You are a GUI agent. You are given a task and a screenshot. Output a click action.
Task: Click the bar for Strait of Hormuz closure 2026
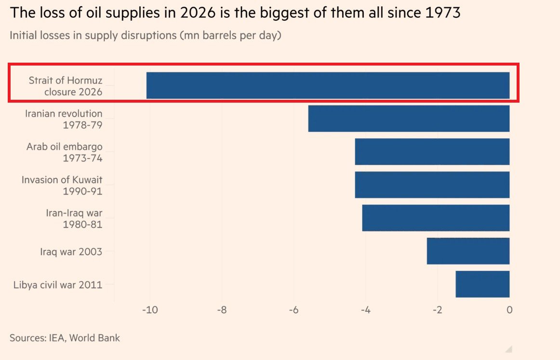(x=328, y=85)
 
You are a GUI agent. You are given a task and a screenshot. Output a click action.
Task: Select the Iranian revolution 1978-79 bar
(x=409, y=119)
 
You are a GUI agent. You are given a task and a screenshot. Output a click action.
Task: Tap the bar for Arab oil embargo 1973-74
(x=432, y=152)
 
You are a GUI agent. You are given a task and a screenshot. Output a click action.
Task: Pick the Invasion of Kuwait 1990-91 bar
(x=432, y=185)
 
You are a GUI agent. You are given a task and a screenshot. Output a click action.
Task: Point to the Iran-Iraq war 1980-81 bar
(x=436, y=218)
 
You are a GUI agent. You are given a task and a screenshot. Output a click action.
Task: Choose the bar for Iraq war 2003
(x=468, y=251)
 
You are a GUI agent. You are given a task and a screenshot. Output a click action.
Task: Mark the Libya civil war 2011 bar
(x=482, y=284)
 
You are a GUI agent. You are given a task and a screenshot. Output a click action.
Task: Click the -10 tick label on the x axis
(x=150, y=310)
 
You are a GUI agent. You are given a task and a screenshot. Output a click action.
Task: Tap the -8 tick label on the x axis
(x=222, y=310)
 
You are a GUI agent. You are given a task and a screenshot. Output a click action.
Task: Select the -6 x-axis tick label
(x=293, y=310)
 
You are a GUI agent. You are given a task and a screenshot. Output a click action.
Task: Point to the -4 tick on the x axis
(x=365, y=310)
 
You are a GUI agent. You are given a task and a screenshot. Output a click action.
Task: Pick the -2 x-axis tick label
(x=438, y=310)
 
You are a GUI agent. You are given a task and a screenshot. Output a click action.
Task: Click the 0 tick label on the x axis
(x=510, y=310)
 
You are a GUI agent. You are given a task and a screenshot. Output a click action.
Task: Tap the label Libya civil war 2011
(x=58, y=285)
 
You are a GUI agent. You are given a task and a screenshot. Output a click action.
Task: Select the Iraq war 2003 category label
(x=71, y=252)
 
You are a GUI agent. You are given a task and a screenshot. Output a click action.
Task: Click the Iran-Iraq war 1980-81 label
(x=74, y=219)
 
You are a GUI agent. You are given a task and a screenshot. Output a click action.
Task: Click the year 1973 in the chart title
(x=443, y=13)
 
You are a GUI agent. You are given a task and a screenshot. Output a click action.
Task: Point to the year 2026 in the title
(x=198, y=13)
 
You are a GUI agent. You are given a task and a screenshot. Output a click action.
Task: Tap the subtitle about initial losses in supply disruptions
(x=146, y=35)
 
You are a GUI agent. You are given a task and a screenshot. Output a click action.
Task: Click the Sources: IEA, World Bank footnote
(x=65, y=338)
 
